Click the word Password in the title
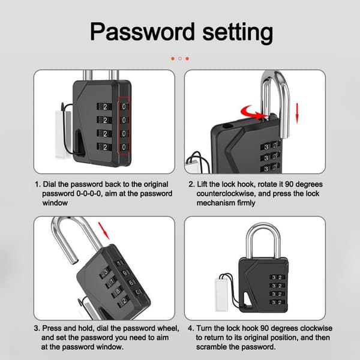point(142,32)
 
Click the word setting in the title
point(238,32)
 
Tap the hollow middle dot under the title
point(180,59)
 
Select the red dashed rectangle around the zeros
point(124,125)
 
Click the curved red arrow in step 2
point(251,113)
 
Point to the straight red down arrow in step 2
point(297,113)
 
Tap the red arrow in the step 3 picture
point(104,230)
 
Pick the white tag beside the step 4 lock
point(221,295)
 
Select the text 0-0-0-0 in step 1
point(88,194)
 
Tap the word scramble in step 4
point(211,347)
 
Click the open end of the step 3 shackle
point(74,261)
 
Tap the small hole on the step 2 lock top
point(227,125)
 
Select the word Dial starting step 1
point(49,184)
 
